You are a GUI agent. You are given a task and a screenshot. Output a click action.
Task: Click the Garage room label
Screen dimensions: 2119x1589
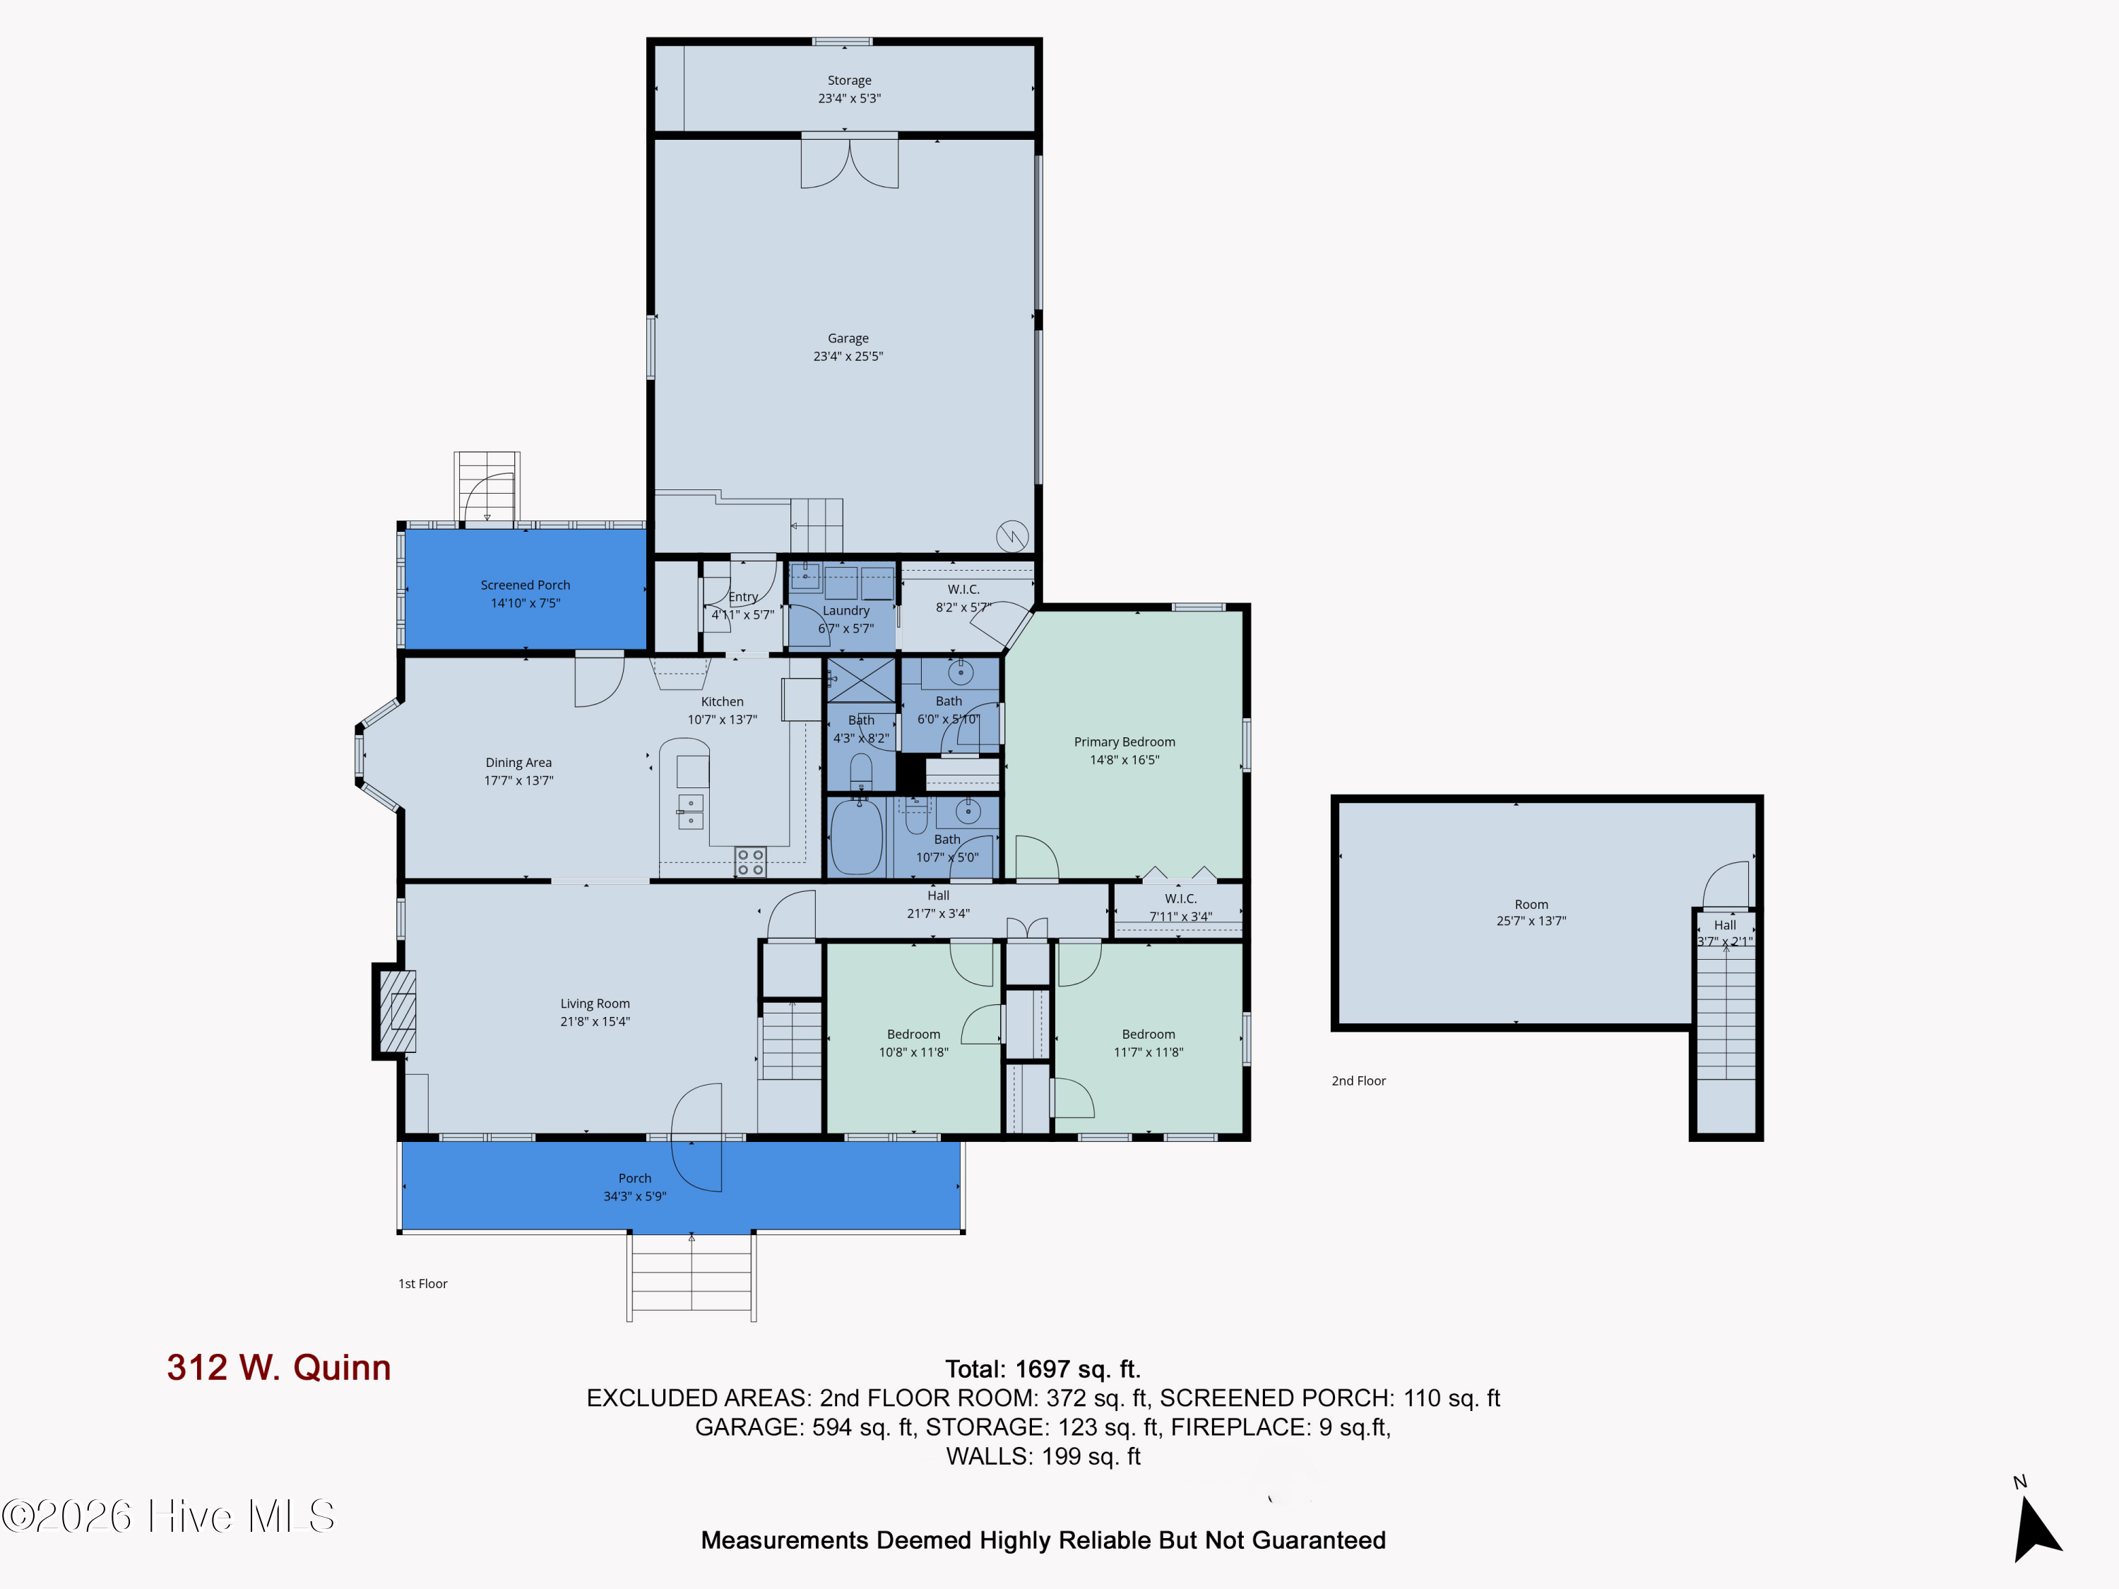coord(848,338)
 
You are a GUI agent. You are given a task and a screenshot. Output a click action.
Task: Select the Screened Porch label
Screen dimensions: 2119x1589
coord(525,585)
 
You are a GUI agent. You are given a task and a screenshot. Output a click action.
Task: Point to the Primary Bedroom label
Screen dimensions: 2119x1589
coord(1124,742)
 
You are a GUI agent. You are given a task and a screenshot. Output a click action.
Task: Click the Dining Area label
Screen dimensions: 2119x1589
coord(518,763)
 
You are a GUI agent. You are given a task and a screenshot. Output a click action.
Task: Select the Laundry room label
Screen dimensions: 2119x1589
coord(846,611)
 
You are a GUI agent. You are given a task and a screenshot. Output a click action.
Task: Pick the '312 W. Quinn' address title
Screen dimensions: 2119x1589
coord(279,1368)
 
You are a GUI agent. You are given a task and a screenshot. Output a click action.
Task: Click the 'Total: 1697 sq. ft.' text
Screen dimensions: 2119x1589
coord(1043,1369)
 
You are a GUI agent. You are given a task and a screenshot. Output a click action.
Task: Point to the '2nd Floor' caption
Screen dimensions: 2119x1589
coord(1358,1081)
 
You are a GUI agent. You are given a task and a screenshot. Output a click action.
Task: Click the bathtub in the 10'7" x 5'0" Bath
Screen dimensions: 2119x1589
coord(855,836)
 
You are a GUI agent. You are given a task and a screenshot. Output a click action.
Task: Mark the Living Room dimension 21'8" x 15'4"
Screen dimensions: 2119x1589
coord(595,1022)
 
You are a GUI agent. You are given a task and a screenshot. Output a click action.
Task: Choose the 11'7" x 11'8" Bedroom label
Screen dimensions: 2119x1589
coord(1148,1035)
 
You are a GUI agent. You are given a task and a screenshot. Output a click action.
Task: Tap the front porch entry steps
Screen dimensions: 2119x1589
coord(691,1278)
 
